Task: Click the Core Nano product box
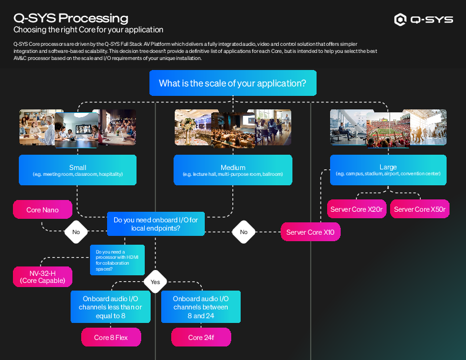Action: (42, 209)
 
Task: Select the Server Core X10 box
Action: (310, 232)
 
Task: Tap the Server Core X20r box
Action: (357, 209)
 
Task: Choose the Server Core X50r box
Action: (420, 209)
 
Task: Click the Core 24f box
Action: (201, 338)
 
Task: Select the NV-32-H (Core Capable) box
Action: (42, 276)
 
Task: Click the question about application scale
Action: (232, 84)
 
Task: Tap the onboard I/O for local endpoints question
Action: (155, 224)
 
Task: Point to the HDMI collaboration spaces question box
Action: (116, 260)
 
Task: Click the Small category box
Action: (78, 171)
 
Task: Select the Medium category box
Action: (233, 171)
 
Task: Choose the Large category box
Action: (388, 171)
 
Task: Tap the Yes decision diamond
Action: (155, 282)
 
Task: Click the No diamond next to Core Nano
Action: (76, 232)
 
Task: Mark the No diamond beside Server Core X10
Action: (244, 232)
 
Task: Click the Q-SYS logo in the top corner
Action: (424, 20)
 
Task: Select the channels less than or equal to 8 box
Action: (111, 307)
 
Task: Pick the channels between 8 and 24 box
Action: (201, 307)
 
